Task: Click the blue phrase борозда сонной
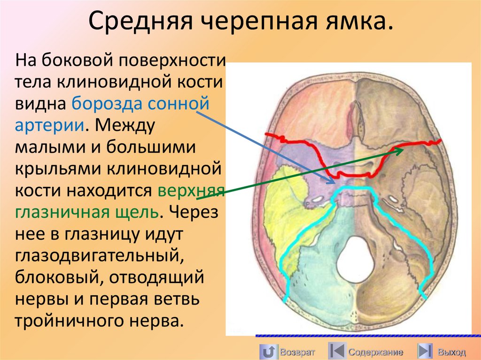[x=140, y=103]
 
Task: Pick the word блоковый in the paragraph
[x=56, y=277]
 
